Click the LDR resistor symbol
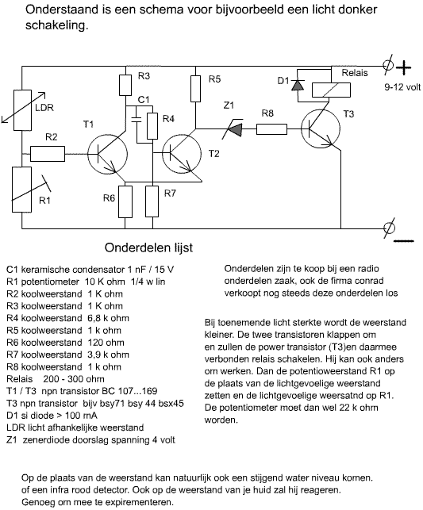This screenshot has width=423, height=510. click(x=22, y=110)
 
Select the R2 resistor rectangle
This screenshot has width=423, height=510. click(x=48, y=154)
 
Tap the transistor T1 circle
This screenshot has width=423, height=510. click(x=107, y=154)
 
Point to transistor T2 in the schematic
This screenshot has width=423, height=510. click(x=182, y=154)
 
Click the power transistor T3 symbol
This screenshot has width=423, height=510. click(x=321, y=129)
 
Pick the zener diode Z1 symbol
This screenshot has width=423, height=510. click(x=233, y=129)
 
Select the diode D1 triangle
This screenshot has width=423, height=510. click(x=298, y=85)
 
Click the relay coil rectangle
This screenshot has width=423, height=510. click(x=331, y=90)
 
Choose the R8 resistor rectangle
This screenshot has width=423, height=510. click(x=271, y=129)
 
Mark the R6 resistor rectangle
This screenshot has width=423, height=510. click(x=125, y=201)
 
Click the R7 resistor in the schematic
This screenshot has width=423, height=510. click(x=152, y=201)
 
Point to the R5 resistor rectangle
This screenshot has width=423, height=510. click(x=195, y=89)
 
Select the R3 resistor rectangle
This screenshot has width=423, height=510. click(x=125, y=85)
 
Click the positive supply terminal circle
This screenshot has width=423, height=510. click(x=388, y=65)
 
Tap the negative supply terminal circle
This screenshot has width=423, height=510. click(x=389, y=228)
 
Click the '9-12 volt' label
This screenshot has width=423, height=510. click(x=402, y=87)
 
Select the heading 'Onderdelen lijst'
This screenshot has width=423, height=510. click(x=148, y=247)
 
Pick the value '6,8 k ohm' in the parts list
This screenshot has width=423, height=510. click(x=109, y=318)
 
